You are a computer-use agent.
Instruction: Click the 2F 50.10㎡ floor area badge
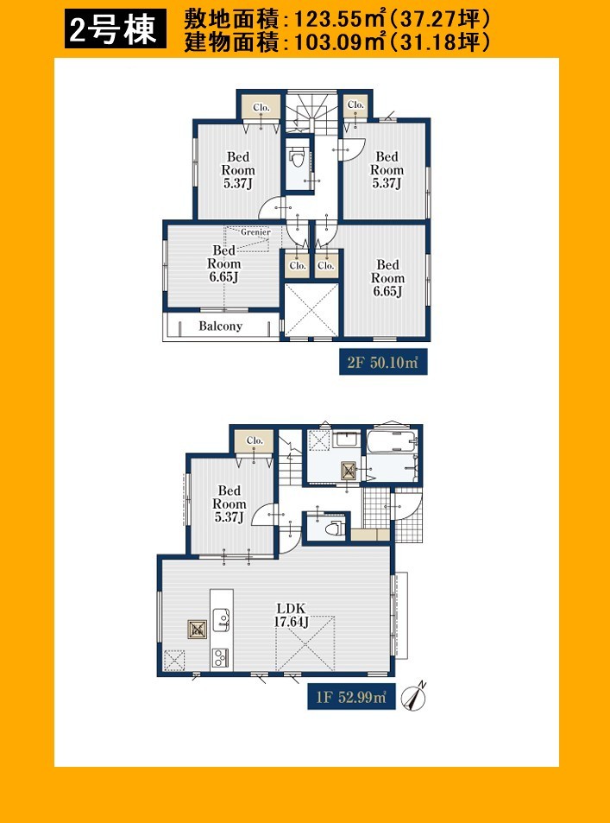pos(383,363)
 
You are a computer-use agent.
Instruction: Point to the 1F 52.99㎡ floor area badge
pos(351,697)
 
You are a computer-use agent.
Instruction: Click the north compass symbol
pos(413,697)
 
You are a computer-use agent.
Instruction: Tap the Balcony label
pos(220,326)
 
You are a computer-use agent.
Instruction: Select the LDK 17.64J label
pos(291,615)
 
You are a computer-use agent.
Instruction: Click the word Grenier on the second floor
pos(256,231)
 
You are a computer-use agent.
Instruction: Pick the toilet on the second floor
pos(298,157)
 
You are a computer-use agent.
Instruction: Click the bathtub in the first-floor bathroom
pos(392,442)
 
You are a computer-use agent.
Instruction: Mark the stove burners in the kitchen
pos(220,657)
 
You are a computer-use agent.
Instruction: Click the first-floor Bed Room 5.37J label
pos(230,503)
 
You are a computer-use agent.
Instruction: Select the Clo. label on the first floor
pos(255,441)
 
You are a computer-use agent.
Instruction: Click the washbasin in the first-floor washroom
pos(346,440)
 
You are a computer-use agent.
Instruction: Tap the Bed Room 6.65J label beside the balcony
pos(224,264)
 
